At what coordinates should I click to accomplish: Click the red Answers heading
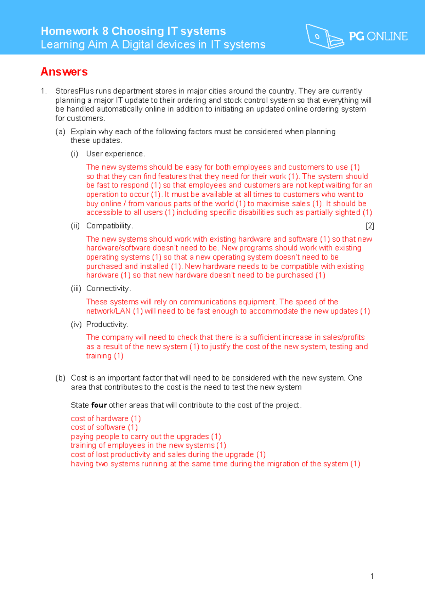[x=64, y=72]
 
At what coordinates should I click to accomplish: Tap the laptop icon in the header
[x=324, y=36]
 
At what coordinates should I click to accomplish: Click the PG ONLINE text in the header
[x=378, y=36]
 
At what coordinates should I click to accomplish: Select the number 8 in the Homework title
[x=105, y=31]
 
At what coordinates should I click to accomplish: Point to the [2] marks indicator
[x=370, y=226]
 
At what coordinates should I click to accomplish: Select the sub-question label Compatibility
[x=109, y=226]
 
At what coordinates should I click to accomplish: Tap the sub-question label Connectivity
[x=108, y=288]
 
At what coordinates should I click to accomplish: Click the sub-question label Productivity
[x=107, y=324]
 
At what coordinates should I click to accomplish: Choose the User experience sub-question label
[x=115, y=154]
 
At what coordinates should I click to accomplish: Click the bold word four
[x=99, y=405]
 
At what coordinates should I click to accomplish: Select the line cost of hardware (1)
[x=106, y=419]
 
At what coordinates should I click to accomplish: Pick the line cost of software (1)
[x=104, y=427]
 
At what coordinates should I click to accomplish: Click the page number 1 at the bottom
[x=372, y=576]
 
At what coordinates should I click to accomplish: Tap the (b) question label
[x=60, y=378]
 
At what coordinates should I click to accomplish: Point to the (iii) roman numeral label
[x=76, y=288]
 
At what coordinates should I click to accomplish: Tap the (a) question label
[x=60, y=131]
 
